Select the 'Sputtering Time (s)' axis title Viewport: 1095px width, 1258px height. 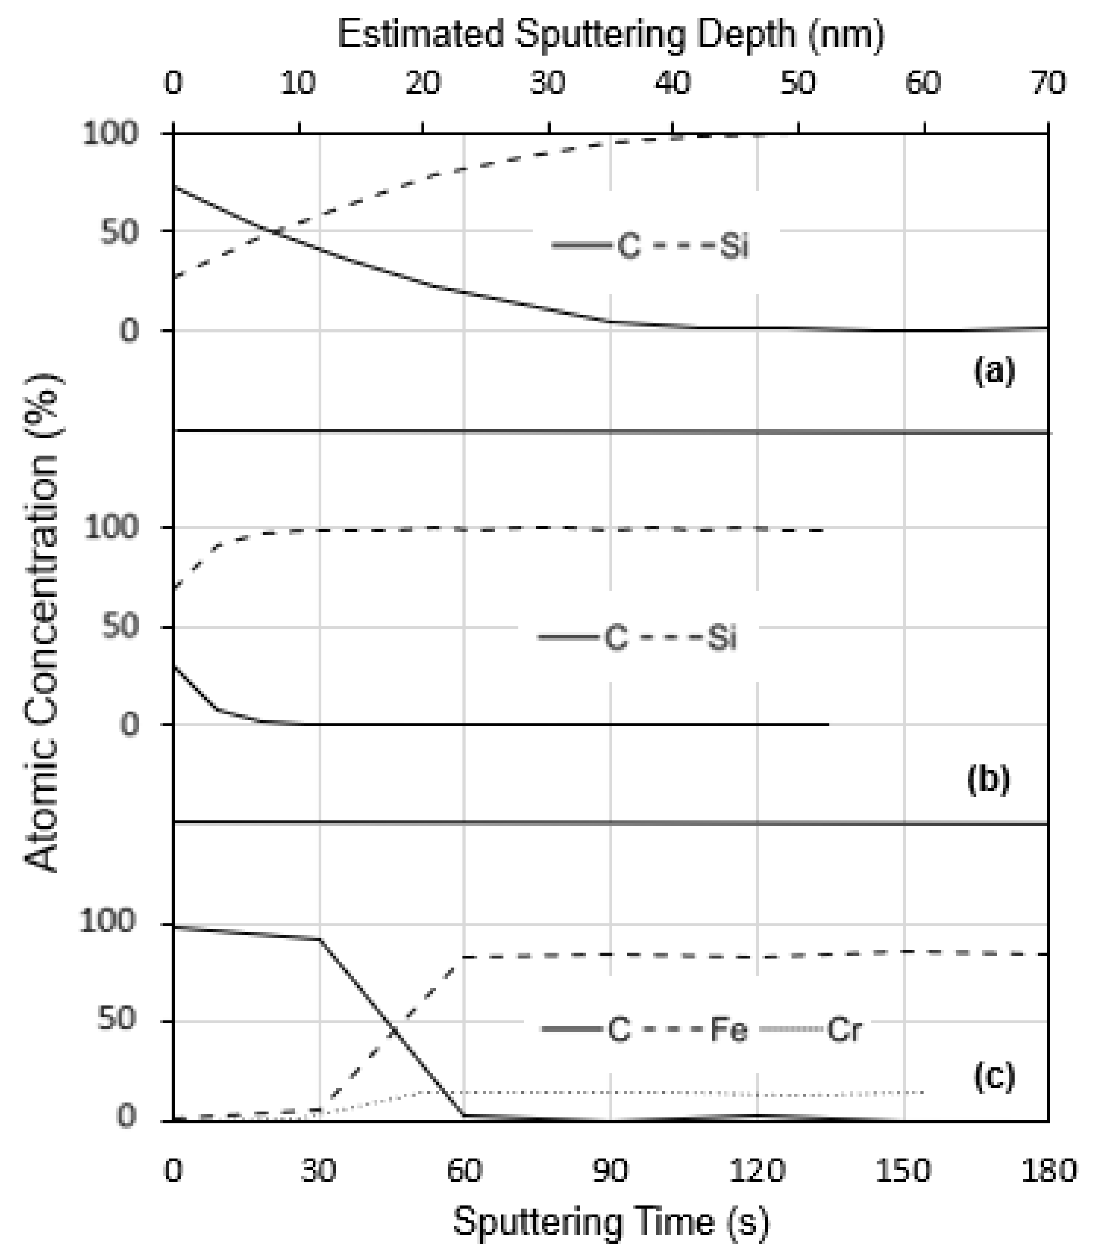pyautogui.click(x=611, y=1222)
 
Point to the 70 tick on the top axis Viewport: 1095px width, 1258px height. pyautogui.click(x=1048, y=83)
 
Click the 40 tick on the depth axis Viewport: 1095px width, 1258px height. pyautogui.click(x=673, y=83)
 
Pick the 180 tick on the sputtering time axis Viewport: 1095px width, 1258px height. pyautogui.click(x=1048, y=1171)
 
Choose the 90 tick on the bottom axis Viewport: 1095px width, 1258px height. pyautogui.click(x=611, y=1171)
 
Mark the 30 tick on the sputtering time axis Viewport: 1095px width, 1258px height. pyautogui.click(x=319, y=1171)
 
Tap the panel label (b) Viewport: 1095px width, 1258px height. pyautogui.click(x=988, y=779)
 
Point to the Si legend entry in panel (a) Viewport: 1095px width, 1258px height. pyautogui.click(x=734, y=246)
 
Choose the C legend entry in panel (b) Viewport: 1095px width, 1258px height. pyautogui.click(x=616, y=638)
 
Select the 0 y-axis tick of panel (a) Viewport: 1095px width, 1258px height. pyautogui.click(x=128, y=331)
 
